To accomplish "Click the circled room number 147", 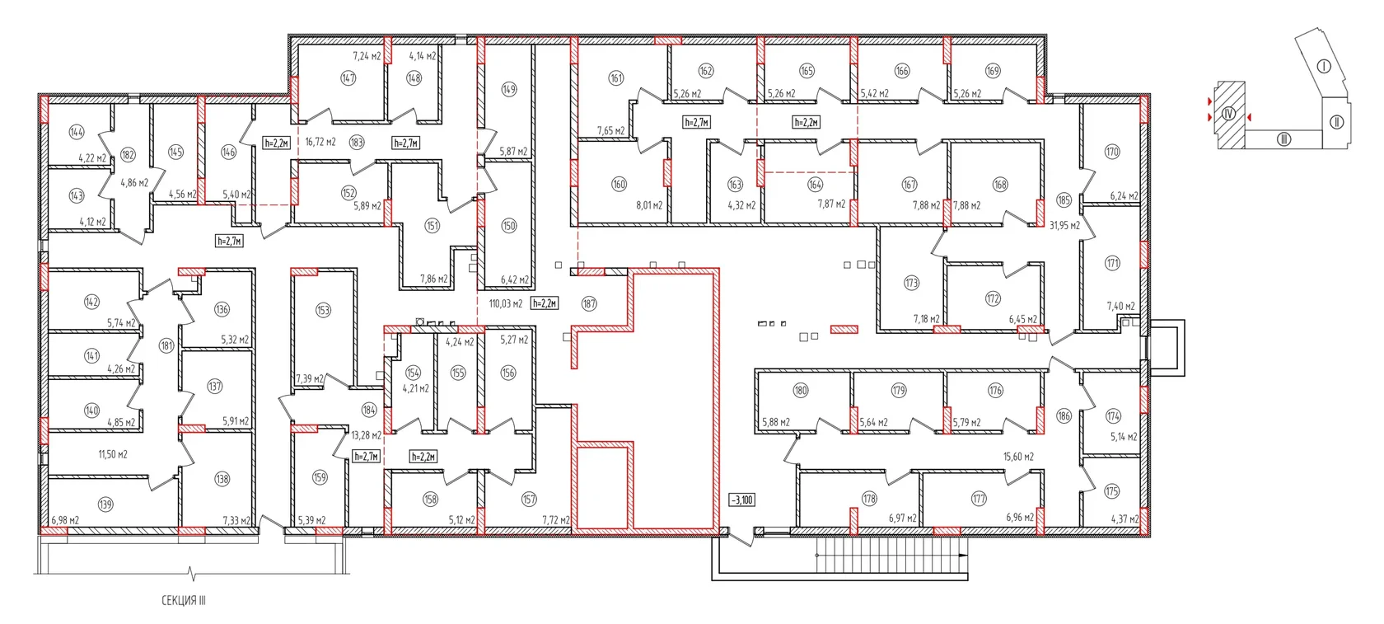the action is point(348,78).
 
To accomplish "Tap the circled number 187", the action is point(589,303).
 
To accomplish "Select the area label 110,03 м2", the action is point(506,303).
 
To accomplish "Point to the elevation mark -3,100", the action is point(741,500).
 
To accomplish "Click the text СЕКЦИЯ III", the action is point(184,600).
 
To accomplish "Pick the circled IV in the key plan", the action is point(1228,114).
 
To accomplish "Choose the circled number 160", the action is point(619,185).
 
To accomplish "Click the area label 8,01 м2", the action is point(649,205).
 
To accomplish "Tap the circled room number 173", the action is point(911,284).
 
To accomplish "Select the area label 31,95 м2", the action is point(1064,226).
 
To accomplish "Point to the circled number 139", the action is point(105,504).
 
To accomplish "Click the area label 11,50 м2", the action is point(112,454).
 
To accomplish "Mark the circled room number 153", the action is point(323,310).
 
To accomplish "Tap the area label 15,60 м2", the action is point(1018,457).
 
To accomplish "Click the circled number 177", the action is point(979,499).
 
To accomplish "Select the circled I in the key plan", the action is point(1323,66).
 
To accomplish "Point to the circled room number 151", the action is point(432,226).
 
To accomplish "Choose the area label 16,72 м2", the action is point(320,143).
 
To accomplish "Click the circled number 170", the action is point(1112,152).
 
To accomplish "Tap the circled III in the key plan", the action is point(1283,139).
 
